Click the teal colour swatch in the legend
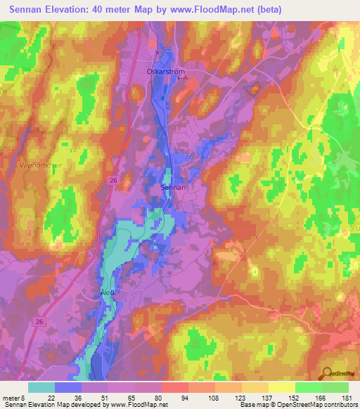point(41,387)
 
